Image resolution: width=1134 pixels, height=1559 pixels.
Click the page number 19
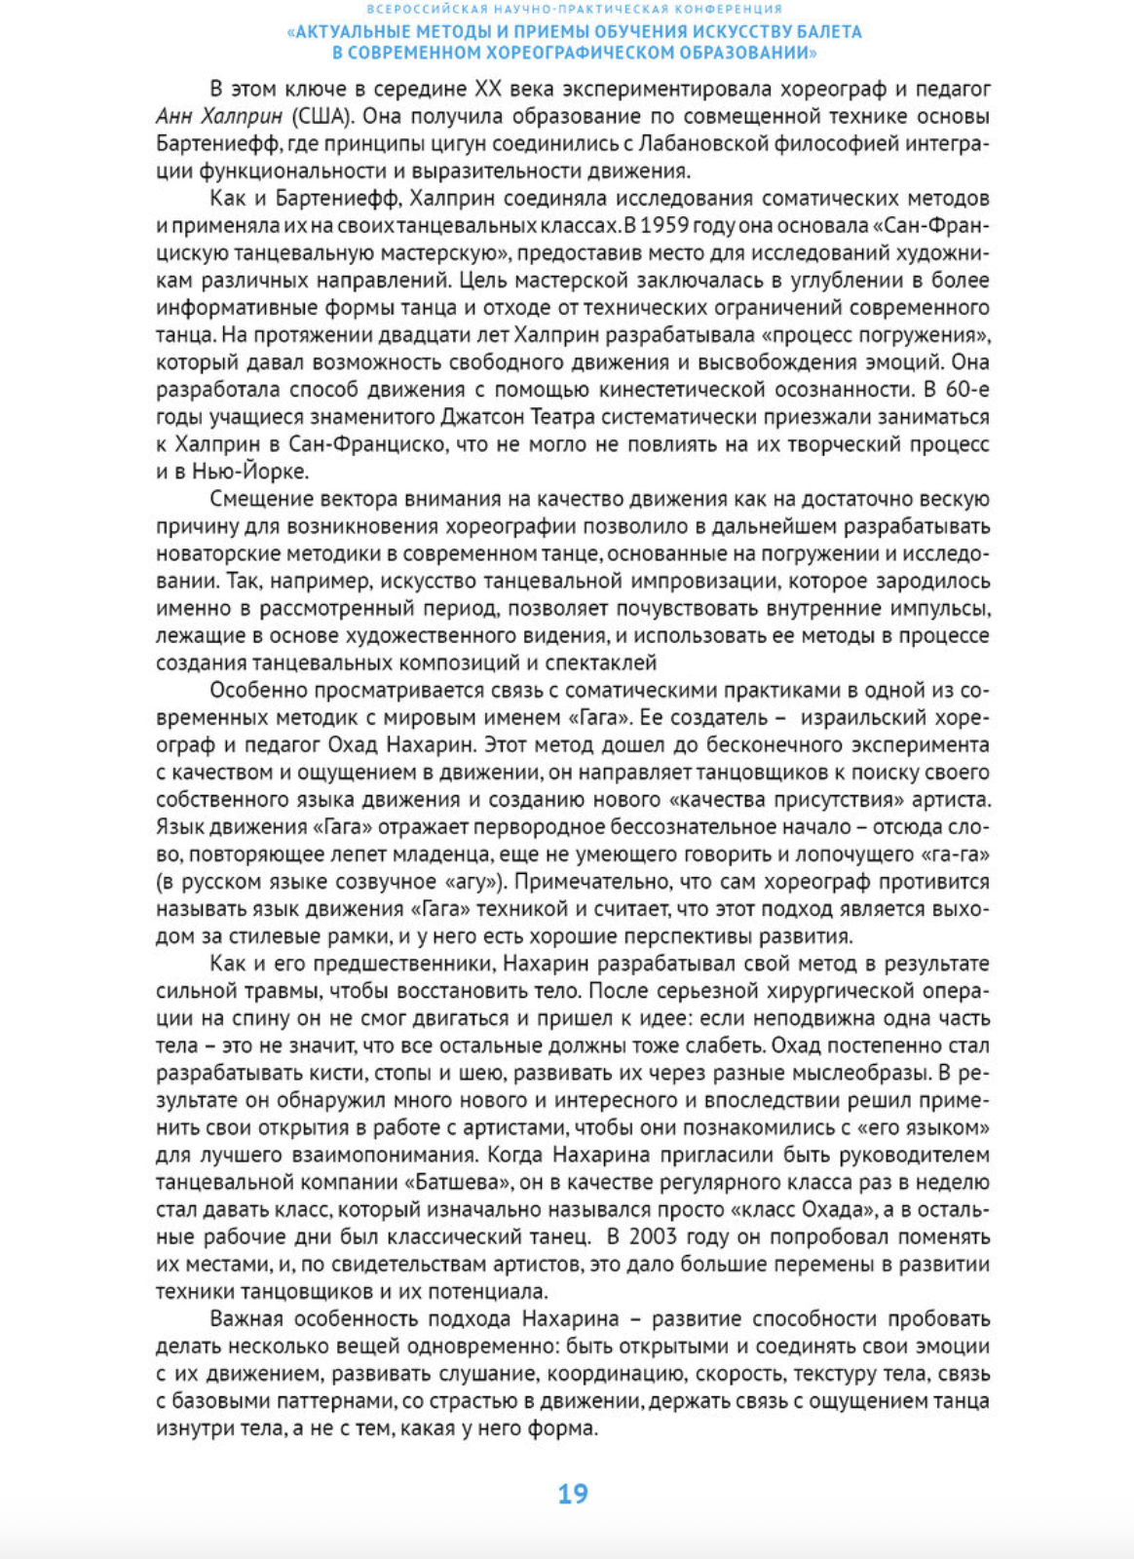[x=573, y=1494]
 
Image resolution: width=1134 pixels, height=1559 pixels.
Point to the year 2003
[x=662, y=1237]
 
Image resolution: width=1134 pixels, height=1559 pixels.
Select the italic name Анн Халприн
[x=219, y=116]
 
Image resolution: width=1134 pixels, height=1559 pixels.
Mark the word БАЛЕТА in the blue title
[x=825, y=32]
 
